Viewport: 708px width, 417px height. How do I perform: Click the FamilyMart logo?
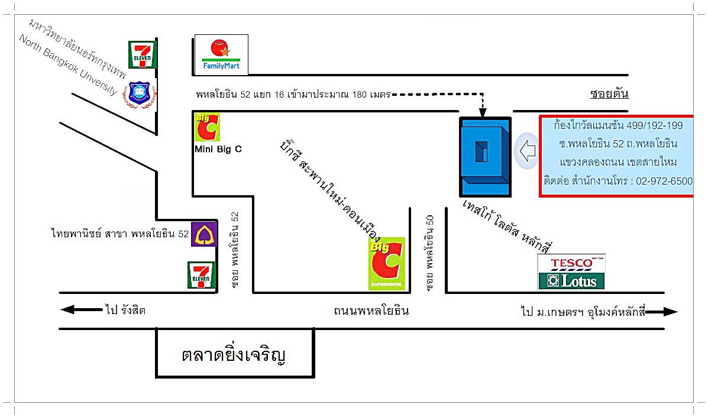coord(221,54)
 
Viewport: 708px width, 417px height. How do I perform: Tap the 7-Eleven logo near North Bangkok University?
coord(143,54)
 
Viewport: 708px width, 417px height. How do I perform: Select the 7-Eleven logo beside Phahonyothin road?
coord(201,274)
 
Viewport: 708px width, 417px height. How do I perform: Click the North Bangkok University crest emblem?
coord(139,95)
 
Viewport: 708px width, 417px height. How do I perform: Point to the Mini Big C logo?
coord(207,127)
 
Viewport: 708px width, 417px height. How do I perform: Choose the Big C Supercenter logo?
coord(387,264)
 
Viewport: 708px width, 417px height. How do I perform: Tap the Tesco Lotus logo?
coord(571,272)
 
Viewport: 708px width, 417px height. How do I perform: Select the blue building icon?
coord(485,157)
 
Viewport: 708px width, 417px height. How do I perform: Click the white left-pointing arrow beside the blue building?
coord(526,150)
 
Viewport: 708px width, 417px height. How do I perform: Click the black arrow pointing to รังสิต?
coord(80,309)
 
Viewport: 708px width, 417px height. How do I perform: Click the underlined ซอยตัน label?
coord(609,94)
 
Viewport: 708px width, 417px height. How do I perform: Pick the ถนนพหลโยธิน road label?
coord(370,311)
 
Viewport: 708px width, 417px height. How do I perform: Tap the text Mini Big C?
coord(218,150)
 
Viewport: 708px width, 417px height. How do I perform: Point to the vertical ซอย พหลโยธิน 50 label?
coord(430,252)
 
